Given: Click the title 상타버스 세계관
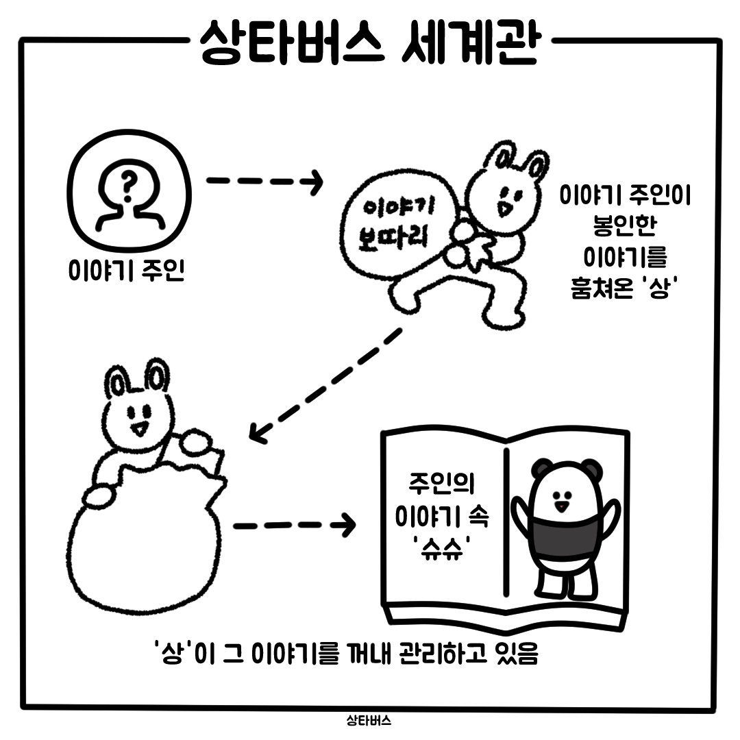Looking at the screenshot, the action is (369, 42).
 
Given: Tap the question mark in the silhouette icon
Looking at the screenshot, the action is (128, 184).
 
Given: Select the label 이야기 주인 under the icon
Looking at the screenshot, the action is (127, 270).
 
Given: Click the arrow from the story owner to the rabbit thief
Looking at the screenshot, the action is (264, 181).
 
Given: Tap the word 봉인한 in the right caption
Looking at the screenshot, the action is (625, 225).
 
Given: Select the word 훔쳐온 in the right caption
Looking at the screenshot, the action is (602, 287).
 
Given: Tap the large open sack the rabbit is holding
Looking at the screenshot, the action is (144, 538).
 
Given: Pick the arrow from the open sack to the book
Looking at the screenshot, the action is (295, 526).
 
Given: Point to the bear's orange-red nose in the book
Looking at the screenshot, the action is (562, 506).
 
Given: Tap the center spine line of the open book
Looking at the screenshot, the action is (506, 521).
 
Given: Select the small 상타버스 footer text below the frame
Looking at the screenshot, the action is (369, 721).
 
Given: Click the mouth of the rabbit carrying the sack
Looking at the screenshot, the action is (504, 208).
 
